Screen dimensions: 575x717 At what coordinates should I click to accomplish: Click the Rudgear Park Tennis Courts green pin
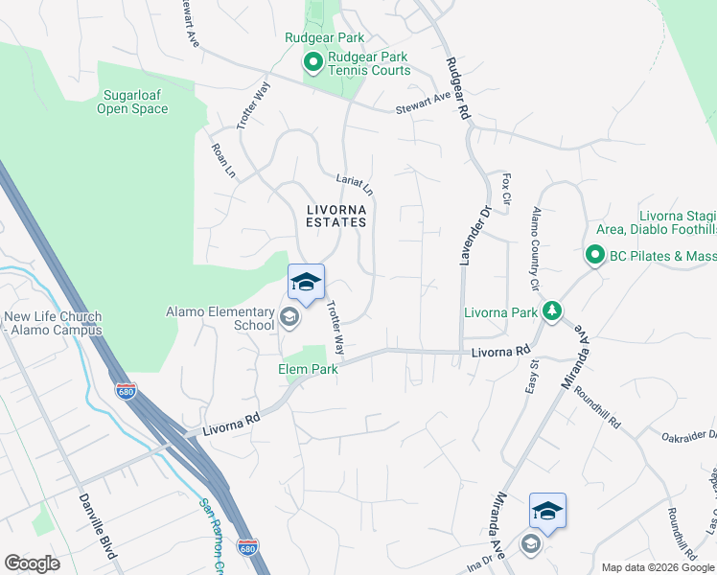[x=312, y=63]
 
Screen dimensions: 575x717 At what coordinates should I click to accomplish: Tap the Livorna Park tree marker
[x=551, y=310]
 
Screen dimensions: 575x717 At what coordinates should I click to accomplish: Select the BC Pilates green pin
[x=594, y=255]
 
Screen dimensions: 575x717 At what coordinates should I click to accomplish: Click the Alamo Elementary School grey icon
[x=289, y=316]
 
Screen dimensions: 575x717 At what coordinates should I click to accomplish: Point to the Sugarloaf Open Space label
[x=132, y=102]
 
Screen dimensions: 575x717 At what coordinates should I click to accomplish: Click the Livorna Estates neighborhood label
[x=336, y=215]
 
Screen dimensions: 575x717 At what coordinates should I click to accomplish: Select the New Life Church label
[x=53, y=324]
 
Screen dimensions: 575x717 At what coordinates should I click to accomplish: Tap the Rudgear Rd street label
[x=456, y=87]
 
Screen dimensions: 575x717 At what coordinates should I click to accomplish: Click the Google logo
[x=32, y=563]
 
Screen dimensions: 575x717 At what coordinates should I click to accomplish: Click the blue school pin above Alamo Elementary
[x=306, y=282]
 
